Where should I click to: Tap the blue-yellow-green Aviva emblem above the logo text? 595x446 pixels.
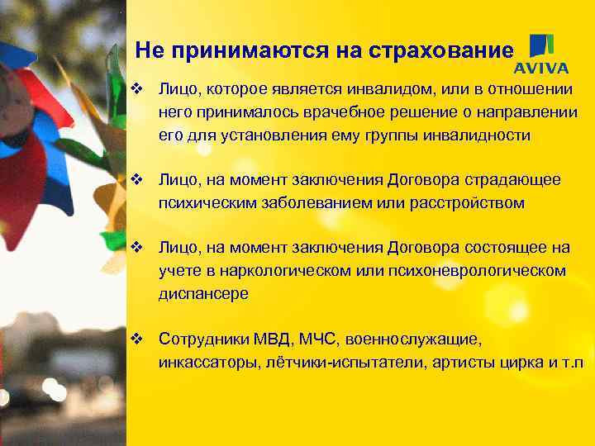(542, 45)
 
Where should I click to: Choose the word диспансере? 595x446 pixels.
(204, 293)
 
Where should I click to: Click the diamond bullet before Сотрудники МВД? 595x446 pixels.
(138, 339)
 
